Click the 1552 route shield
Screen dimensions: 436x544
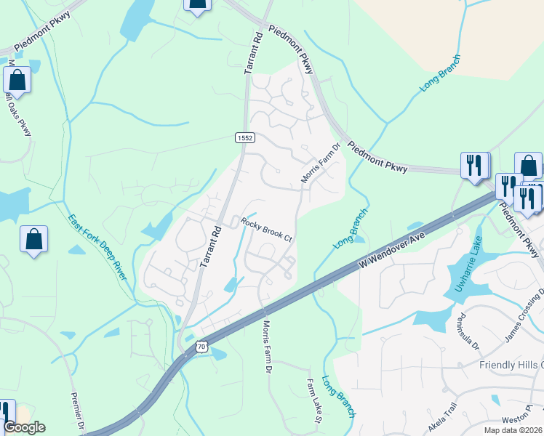[x=243, y=137]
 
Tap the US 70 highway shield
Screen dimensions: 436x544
[x=201, y=347]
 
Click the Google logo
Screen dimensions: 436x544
[x=24, y=427]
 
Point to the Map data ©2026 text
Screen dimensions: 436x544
[x=513, y=430]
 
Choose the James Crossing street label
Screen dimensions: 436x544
[x=524, y=316]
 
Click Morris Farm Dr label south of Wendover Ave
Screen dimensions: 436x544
[x=267, y=347]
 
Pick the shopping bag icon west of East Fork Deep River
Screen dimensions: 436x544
[x=33, y=240]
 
